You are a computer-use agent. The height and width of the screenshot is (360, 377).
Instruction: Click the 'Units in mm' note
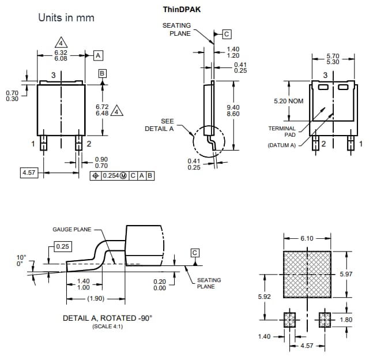[x=66, y=17]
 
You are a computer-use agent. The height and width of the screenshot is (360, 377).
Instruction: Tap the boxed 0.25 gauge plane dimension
[x=62, y=247]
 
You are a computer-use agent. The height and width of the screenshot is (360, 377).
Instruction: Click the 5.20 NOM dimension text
[x=289, y=101]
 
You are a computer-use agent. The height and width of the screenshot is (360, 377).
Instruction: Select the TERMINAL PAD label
[x=282, y=132]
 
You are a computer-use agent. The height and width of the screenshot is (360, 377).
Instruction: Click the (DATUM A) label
[x=281, y=145]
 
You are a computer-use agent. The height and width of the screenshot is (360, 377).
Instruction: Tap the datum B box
[x=102, y=73]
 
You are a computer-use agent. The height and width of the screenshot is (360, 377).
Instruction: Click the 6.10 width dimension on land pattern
[x=307, y=238]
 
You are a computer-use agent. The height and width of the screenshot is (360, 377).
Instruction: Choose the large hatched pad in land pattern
[x=307, y=275]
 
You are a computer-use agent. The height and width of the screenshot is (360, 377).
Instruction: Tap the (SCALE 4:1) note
[x=107, y=327]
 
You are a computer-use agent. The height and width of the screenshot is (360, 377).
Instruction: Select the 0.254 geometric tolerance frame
[x=122, y=175]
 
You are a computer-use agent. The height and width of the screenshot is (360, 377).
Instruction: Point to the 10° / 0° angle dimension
[x=21, y=261]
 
